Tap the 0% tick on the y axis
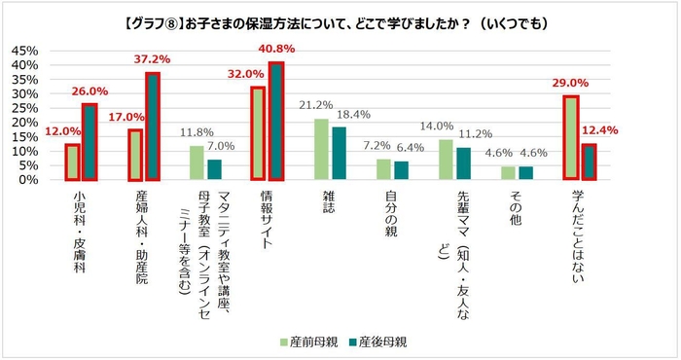coord(27,180)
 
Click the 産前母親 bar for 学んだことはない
coord(571,138)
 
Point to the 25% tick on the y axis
coord(23,108)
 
